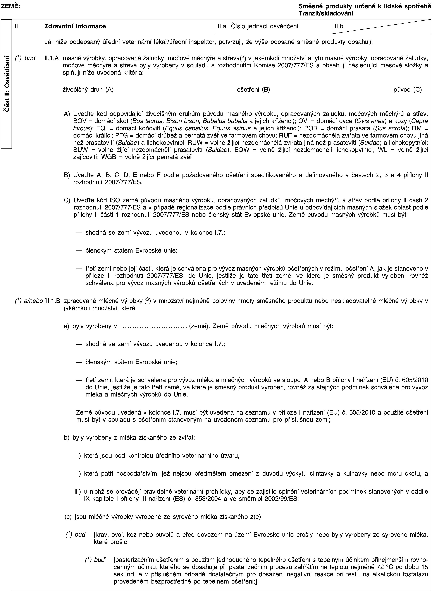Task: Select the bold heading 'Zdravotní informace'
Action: click(75, 26)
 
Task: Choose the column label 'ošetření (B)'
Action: click(253, 90)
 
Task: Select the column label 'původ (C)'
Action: click(408, 90)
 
